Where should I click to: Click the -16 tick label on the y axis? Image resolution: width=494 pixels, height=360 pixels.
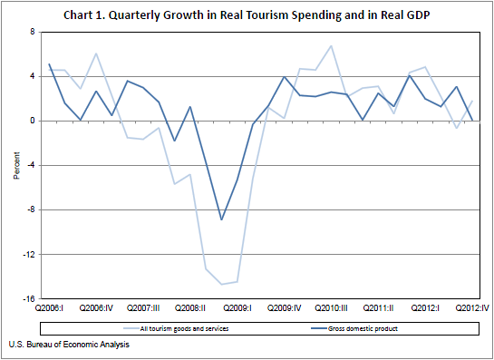pos(29,299)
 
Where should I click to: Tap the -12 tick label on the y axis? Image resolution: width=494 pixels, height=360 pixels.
pos(29,255)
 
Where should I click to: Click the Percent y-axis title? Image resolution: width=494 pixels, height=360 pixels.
pos(15,165)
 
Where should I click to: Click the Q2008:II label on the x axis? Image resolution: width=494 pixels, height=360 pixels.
pos(190,309)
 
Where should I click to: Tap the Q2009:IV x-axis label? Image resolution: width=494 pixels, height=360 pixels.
pos(285,309)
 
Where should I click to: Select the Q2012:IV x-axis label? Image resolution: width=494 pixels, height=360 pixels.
pos(472,309)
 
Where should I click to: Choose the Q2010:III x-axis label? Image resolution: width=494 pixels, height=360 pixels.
pos(332,309)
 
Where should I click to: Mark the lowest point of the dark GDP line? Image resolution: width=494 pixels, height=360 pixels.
pos(221,219)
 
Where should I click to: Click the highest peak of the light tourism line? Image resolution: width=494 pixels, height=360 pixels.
pos(331,45)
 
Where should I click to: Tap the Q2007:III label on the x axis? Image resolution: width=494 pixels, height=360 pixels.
pos(143,309)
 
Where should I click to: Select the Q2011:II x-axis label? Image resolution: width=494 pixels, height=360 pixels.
pos(378,309)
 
